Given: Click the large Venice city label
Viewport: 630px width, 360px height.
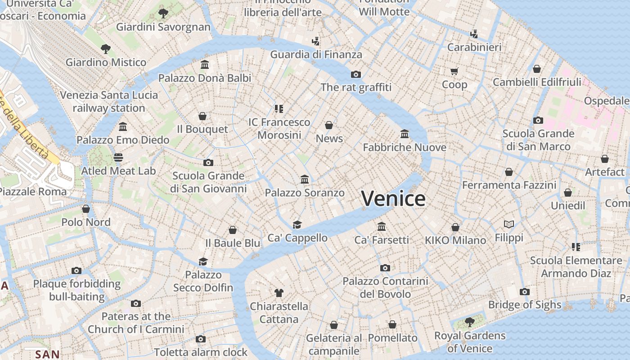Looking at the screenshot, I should (393, 198).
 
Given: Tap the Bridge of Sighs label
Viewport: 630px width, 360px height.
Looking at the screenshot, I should (525, 305).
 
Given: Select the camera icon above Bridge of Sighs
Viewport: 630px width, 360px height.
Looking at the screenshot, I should (524, 292).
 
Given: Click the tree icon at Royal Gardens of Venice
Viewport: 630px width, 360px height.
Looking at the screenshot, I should (469, 322).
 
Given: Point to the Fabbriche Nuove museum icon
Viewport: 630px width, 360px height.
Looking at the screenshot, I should (405, 134).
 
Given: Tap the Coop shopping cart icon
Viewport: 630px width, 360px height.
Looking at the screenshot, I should (454, 71).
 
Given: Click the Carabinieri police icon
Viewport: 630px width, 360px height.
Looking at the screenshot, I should (474, 33).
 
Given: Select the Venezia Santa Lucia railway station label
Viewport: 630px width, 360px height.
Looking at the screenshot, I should (109, 102).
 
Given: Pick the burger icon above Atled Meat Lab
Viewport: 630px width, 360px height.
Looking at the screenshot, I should (118, 157).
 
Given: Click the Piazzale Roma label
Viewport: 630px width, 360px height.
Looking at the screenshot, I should (32, 191).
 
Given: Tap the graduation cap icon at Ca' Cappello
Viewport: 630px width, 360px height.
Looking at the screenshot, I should (297, 225).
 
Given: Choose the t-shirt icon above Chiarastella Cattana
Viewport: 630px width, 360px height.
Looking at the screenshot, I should (279, 293).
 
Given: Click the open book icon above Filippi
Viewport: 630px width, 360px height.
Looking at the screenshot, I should (509, 224).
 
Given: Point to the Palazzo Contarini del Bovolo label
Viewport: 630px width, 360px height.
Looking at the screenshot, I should (385, 288).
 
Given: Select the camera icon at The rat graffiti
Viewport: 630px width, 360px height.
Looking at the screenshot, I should (356, 74).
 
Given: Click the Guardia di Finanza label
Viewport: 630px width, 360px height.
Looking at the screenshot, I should (316, 54).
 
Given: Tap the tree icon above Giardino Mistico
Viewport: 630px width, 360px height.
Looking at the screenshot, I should (106, 49).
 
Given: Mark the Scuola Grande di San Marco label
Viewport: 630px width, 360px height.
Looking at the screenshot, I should (538, 140).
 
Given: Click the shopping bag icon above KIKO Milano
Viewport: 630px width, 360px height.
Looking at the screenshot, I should (455, 227).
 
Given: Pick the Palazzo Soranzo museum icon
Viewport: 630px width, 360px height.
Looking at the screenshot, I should (305, 180).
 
